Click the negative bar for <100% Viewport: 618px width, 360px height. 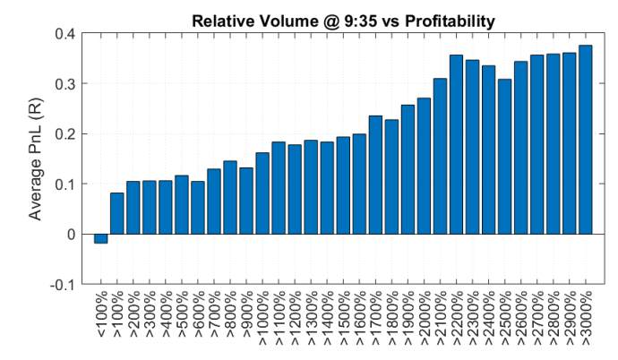[100, 238]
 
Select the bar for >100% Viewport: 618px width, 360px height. [116, 213]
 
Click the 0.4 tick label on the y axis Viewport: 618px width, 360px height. [64, 34]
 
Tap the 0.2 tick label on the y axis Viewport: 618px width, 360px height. [64, 134]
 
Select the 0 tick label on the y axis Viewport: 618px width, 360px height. [71, 235]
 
